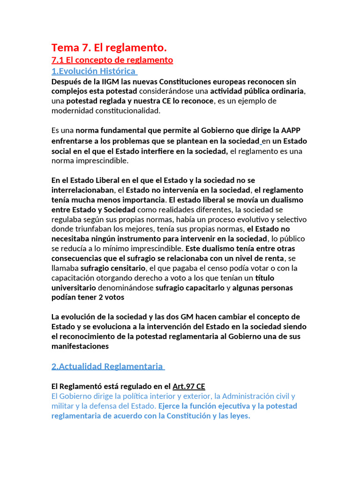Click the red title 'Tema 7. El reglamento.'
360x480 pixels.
(x=109, y=47)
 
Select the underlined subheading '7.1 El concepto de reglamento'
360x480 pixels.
(x=112, y=60)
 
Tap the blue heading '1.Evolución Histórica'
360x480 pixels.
(x=94, y=71)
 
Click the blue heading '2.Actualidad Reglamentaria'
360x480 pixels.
(x=107, y=367)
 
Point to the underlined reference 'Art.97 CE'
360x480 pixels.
(x=189, y=387)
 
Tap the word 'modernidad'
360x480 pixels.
(x=73, y=111)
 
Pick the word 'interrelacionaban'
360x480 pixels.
(x=82, y=190)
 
